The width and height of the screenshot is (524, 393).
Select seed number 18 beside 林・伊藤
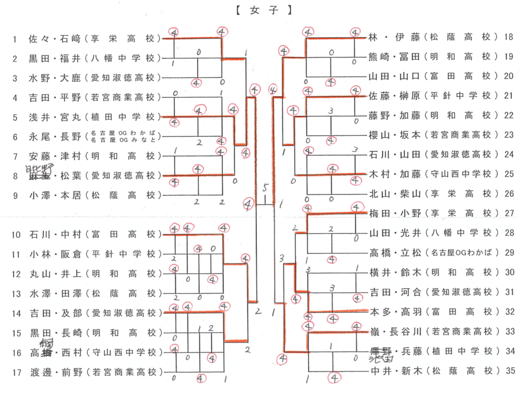509,37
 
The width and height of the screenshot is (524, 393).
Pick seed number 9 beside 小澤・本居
15,195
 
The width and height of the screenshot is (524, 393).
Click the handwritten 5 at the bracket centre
265,187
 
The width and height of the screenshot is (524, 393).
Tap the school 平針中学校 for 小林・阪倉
123,254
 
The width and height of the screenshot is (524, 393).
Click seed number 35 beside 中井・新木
509,370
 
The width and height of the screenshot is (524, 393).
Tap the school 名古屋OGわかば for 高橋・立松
463,252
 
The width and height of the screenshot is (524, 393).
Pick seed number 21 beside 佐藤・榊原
509,95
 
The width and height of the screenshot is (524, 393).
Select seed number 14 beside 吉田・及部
15,313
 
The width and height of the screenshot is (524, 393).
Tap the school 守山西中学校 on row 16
123,353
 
